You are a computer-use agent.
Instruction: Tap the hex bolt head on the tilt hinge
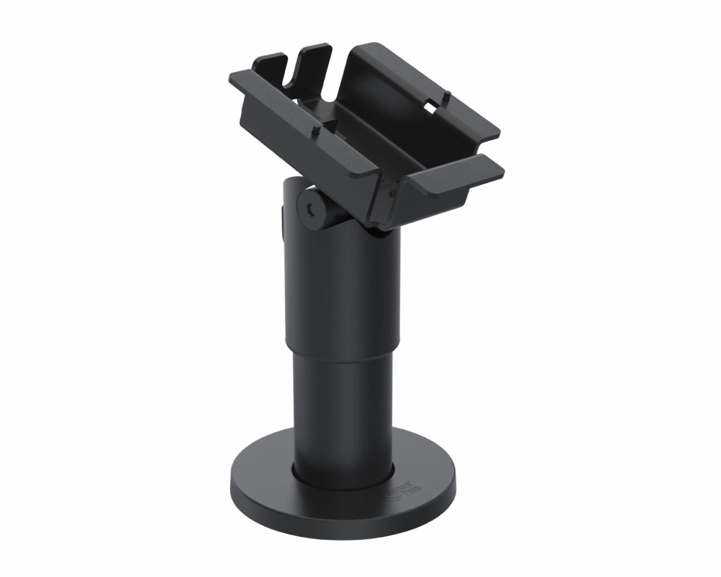coord(309,210)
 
